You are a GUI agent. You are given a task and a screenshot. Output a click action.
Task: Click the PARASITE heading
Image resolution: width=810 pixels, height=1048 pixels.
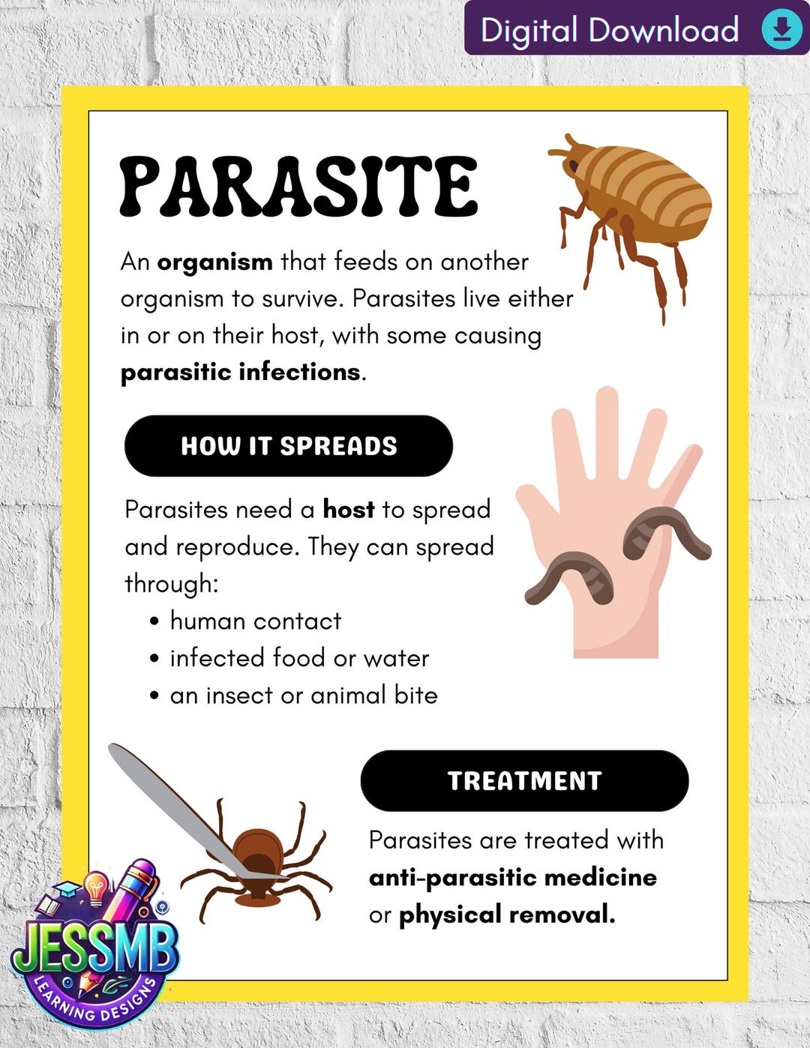pos(298,186)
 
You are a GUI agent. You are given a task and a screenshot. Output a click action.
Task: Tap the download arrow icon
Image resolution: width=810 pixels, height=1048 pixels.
pos(781,29)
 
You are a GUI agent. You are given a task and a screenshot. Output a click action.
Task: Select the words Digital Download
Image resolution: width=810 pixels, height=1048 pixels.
pos(609,30)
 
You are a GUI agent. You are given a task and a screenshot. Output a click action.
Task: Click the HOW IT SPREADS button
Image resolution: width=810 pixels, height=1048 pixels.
pos(289,446)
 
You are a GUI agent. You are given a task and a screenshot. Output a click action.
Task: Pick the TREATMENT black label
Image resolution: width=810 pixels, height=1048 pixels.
pos(524,780)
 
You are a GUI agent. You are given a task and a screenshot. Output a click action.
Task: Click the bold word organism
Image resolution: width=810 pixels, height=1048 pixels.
pos(214,262)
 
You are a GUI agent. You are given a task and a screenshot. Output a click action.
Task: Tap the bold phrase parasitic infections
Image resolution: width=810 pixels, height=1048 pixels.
pos(241,372)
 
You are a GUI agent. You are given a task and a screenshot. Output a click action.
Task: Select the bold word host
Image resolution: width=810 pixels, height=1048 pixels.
pos(349,510)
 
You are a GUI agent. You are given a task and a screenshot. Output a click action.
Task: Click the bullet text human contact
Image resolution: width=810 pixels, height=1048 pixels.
pos(255,621)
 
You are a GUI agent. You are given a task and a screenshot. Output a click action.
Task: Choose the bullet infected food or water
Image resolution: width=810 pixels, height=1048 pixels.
pos(299,658)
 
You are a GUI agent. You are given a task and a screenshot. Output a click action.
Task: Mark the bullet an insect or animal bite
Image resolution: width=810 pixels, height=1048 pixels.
pos(304,696)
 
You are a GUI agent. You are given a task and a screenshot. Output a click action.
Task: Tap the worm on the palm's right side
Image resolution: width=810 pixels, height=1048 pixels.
pos(664,528)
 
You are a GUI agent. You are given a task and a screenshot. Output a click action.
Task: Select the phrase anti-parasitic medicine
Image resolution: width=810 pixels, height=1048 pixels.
pos(512,877)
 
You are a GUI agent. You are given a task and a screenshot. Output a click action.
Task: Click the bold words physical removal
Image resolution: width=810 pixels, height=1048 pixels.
pos(506,915)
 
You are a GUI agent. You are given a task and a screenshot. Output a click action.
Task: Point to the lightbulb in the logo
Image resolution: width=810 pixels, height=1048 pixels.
pos(96,888)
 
